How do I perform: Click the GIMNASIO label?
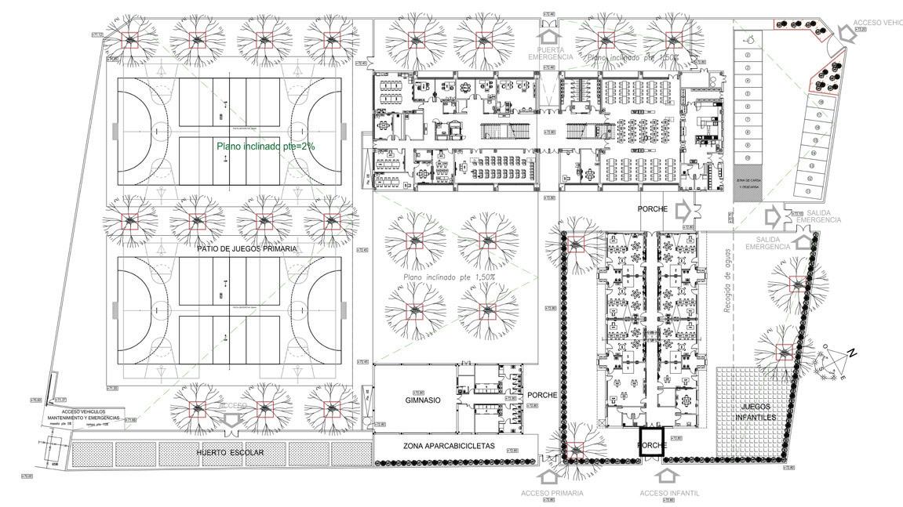tap(423, 400)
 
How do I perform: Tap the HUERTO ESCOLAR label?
tap(230, 453)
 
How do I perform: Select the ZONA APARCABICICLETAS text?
tap(450, 446)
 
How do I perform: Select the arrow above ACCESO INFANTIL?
tap(668, 473)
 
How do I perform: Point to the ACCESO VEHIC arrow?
tap(847, 33)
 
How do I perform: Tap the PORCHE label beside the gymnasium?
tap(542, 395)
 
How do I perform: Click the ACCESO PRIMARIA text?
tap(552, 493)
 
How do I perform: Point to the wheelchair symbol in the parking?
tap(748, 37)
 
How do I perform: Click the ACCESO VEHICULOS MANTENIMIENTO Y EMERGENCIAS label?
tap(82, 414)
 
